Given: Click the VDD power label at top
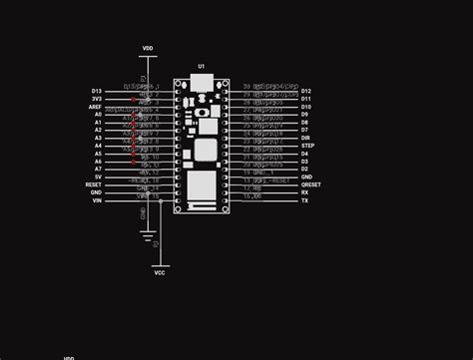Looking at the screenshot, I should (148, 47).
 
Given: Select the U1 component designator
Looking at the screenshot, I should (201, 66).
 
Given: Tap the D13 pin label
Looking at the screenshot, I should (97, 91).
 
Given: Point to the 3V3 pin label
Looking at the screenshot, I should (97, 99).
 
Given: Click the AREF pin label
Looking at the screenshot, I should (96, 107).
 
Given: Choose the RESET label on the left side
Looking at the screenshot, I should (94, 184).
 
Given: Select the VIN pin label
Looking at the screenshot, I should (97, 200).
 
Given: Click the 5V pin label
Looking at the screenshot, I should (98, 177).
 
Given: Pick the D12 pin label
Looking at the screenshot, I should (306, 91).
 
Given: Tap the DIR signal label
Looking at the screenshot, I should (305, 138).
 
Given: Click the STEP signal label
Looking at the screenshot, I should (307, 146).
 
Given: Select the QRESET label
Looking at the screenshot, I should (310, 184).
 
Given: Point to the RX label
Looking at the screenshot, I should (304, 192).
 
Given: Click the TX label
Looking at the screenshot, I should (304, 200).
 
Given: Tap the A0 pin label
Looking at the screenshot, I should (98, 115).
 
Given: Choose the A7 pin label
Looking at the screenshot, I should (98, 169).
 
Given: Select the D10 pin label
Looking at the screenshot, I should (306, 107).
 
